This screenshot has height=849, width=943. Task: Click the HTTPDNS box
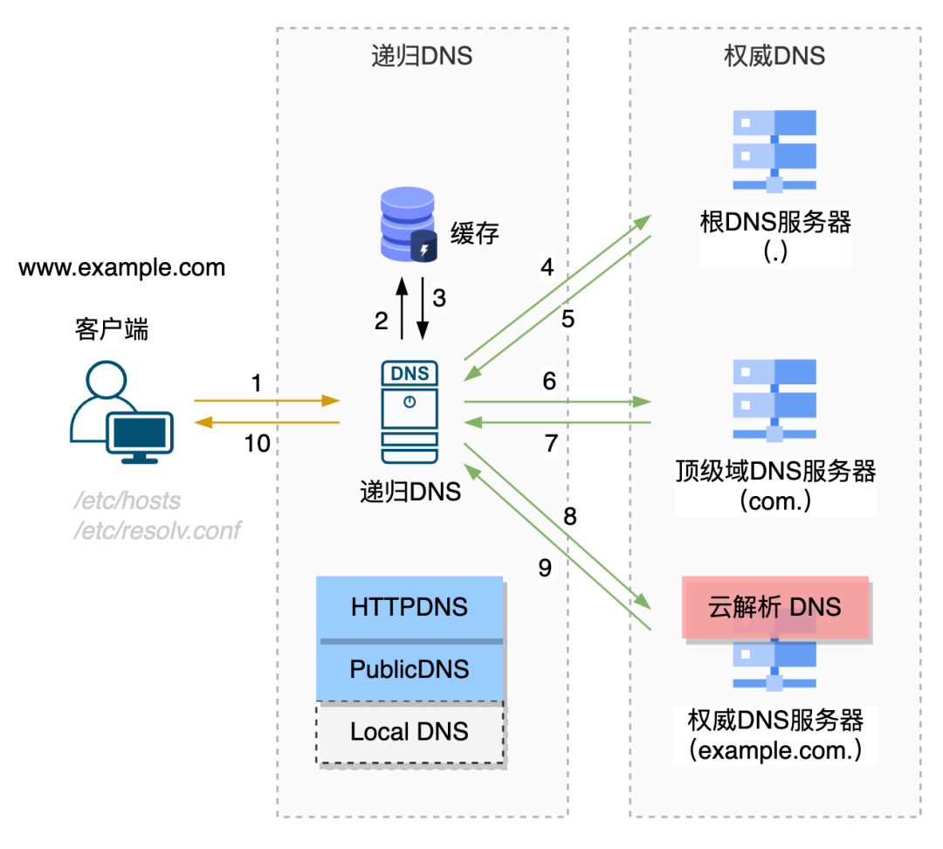(410, 607)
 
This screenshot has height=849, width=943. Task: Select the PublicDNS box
(410, 670)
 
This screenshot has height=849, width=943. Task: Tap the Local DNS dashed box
(410, 732)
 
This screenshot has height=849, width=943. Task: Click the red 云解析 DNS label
(775, 607)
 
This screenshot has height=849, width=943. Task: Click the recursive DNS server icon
(410, 411)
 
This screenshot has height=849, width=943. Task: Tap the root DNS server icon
(774, 151)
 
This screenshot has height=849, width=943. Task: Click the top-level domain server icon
(774, 401)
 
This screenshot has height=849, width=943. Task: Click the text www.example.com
(121, 266)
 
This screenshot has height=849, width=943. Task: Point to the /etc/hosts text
(127, 500)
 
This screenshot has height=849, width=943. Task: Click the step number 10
(257, 444)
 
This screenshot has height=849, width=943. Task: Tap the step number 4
(547, 267)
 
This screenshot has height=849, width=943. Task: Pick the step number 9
(545, 569)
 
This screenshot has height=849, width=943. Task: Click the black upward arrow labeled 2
(401, 309)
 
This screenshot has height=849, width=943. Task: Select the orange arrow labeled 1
(266, 401)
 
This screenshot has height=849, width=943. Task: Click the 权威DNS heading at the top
(774, 57)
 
